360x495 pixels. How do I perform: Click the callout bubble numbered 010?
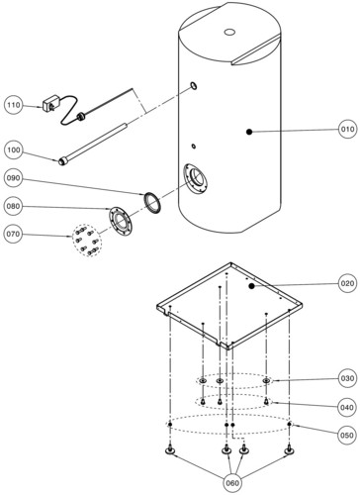point(347,129)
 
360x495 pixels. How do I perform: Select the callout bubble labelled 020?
point(347,283)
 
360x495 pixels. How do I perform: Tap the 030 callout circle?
point(347,378)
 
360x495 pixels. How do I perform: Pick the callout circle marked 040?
point(347,408)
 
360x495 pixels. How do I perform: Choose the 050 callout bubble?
point(347,435)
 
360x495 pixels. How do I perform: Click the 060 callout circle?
point(232,483)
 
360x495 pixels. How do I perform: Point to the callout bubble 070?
point(13,235)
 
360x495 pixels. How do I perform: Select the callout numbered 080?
point(13,207)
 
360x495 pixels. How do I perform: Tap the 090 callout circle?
point(13,178)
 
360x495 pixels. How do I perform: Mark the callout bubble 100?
point(13,150)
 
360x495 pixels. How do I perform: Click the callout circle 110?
point(13,105)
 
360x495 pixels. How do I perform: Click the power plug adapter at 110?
point(51,103)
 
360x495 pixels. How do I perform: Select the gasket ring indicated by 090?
point(152,201)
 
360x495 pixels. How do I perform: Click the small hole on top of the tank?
point(229,32)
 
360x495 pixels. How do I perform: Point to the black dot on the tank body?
point(249,132)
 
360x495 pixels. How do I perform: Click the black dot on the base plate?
point(252,286)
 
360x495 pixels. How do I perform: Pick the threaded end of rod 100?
point(62,161)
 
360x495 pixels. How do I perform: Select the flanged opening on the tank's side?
point(196,178)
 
